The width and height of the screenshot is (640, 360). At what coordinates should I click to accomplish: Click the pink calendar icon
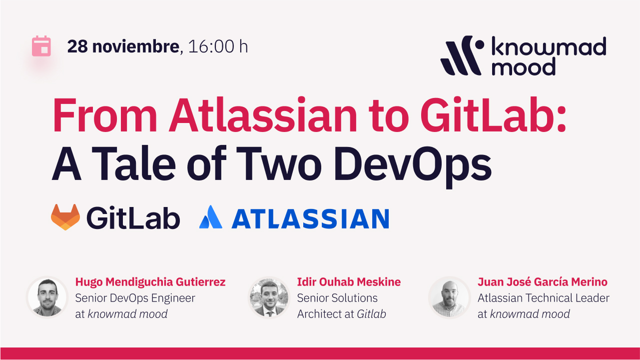click(41, 46)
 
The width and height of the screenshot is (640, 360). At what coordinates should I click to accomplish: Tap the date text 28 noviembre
click(123, 46)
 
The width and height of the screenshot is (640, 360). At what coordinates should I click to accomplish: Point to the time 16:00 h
click(218, 46)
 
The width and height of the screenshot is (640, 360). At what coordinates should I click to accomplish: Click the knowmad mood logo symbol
click(462, 55)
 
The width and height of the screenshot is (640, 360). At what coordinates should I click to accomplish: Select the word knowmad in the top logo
click(549, 46)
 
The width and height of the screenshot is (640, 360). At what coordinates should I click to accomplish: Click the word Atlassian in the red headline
click(263, 115)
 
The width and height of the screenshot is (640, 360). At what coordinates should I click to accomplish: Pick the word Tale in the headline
click(134, 163)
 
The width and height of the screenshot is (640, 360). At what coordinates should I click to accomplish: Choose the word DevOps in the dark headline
click(413, 166)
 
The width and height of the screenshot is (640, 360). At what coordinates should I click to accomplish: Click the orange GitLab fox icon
click(65, 217)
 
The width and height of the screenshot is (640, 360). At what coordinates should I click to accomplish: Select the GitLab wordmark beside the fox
click(133, 218)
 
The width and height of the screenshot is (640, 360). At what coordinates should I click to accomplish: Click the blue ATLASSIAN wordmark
click(310, 218)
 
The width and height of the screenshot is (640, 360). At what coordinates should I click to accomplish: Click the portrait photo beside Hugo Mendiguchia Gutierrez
click(47, 297)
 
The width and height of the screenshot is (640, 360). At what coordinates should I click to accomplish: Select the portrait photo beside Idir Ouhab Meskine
click(269, 297)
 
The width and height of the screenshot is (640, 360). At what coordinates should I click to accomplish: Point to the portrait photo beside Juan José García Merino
click(450, 297)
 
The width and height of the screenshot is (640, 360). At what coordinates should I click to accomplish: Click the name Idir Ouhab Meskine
click(349, 282)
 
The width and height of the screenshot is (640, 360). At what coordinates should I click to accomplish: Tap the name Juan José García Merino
click(543, 282)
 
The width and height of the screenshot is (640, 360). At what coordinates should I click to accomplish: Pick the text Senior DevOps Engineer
click(135, 298)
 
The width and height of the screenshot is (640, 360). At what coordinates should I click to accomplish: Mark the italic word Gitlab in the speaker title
click(371, 314)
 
